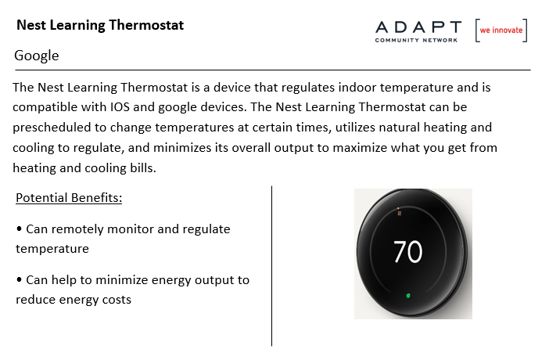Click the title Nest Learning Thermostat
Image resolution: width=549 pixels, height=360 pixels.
click(100, 25)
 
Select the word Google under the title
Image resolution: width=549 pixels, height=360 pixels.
click(37, 56)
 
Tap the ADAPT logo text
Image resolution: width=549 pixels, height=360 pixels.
click(418, 27)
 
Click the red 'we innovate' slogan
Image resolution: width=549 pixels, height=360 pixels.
click(501, 31)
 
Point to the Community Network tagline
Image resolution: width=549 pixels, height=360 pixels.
click(416, 41)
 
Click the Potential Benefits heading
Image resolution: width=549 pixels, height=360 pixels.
click(69, 198)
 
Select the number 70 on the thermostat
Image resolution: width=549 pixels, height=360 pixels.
click(408, 251)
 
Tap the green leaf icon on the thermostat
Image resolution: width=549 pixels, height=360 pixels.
click(408, 296)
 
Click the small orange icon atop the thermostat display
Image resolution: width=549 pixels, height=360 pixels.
click(399, 212)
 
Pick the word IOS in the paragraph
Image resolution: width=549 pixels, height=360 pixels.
click(120, 107)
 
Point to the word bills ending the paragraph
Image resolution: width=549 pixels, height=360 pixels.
click(143, 168)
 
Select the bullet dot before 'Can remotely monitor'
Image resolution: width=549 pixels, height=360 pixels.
click(19, 229)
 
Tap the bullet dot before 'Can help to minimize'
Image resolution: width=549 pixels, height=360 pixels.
click(19, 279)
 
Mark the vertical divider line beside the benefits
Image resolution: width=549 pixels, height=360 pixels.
click(271, 266)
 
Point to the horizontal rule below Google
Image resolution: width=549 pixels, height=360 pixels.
click(273, 70)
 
